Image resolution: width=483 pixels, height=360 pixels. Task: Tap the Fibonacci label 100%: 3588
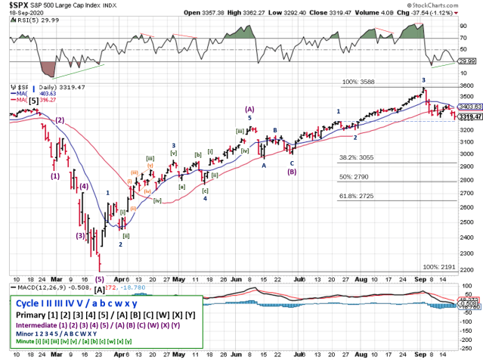click(355, 80)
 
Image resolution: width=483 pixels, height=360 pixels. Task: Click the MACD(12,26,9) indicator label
click(34, 285)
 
